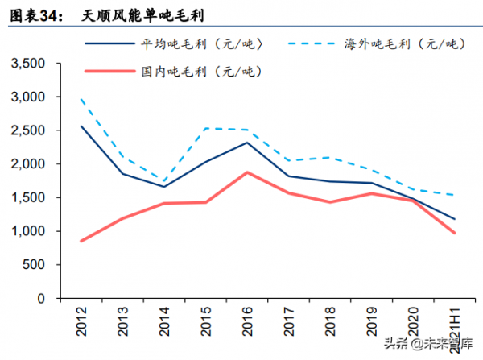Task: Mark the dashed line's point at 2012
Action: [x=81, y=99]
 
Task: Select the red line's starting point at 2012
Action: [x=81, y=241]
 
